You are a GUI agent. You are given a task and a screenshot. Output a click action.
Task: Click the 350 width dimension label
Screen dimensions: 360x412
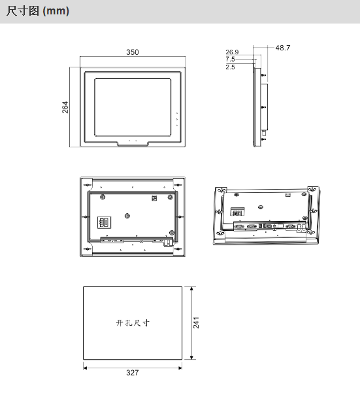coord(133,52)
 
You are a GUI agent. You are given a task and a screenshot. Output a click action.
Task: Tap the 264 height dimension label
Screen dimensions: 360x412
coord(65,107)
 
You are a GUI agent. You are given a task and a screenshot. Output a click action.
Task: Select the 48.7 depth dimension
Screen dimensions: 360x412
coord(283,48)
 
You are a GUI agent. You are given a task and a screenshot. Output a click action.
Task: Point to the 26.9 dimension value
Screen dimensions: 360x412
coord(232,52)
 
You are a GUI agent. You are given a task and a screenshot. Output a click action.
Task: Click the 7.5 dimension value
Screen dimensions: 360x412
coord(230,59)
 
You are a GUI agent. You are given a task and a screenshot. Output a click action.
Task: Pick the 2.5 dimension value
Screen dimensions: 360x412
coord(230,67)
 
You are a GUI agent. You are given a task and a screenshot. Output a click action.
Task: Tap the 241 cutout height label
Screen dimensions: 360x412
coord(196,322)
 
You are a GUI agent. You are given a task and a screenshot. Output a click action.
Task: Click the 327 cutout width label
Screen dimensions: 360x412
coord(133,373)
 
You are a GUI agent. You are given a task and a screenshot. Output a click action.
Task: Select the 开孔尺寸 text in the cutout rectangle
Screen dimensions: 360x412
coord(133,322)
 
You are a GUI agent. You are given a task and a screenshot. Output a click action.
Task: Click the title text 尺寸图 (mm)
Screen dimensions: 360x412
coord(37,11)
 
